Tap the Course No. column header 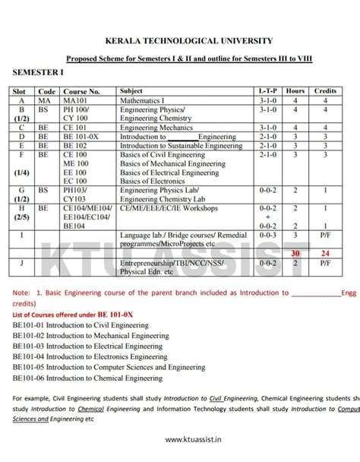click(82, 91)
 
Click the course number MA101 click(75, 100)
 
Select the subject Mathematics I click(143, 100)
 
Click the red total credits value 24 click(325, 253)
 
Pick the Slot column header click(18, 91)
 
